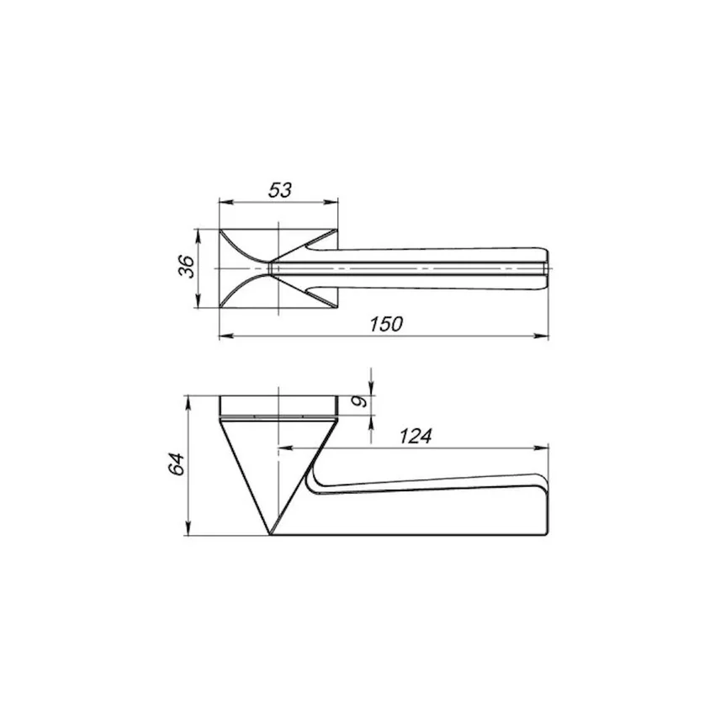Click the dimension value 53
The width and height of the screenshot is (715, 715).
click(x=279, y=190)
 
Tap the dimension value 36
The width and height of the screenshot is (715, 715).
click(x=187, y=267)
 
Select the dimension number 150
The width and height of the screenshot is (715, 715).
click(x=386, y=324)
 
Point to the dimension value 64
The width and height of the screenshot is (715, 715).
click(x=177, y=464)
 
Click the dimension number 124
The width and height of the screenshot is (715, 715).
click(x=416, y=437)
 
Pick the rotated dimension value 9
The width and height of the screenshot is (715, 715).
click(x=361, y=401)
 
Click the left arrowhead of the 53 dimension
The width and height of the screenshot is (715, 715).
click(x=225, y=202)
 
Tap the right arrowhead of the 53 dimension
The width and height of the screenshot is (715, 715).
click(x=331, y=202)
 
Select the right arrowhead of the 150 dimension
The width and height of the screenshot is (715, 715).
click(x=542, y=336)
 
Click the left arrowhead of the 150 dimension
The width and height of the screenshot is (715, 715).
click(x=226, y=336)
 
